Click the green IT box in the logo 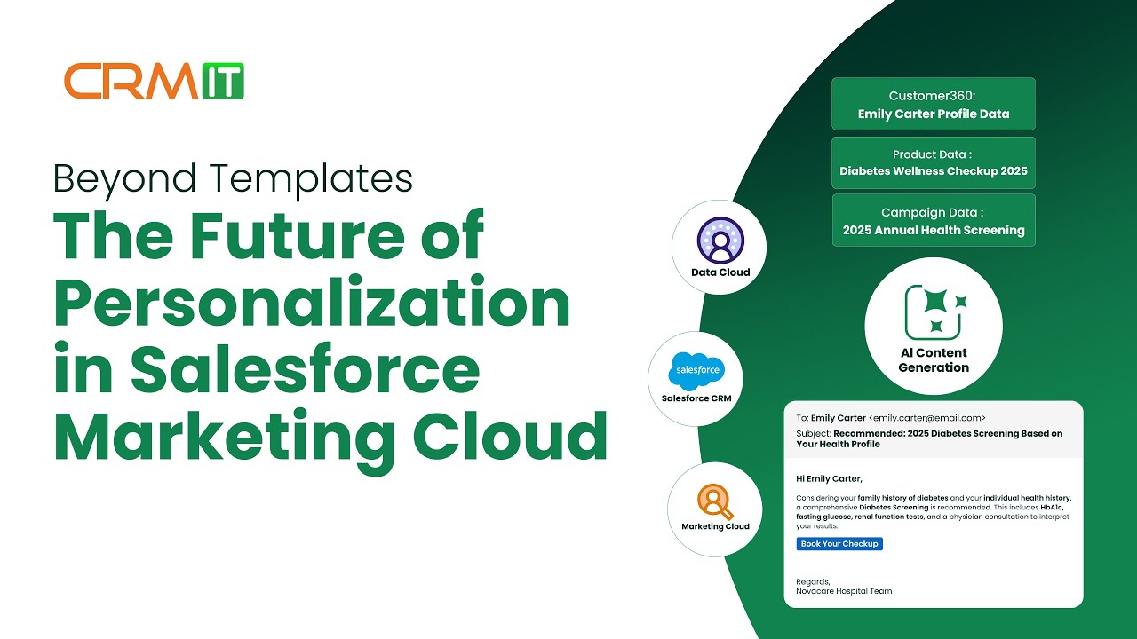(222, 81)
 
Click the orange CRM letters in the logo (132, 81)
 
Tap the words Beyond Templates (233, 178)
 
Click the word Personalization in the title (312, 304)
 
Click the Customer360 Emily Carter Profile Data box (934, 104)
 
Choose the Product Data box (934, 162)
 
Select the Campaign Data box (934, 221)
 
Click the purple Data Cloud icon (720, 241)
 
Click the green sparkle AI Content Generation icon (933, 311)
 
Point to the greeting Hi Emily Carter (829, 478)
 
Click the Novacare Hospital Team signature (844, 591)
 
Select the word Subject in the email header (813, 433)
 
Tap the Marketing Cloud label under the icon (715, 526)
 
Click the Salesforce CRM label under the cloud (696, 398)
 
